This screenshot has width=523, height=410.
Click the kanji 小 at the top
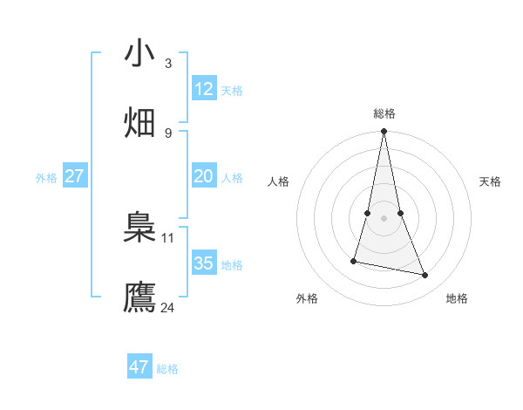[140, 53]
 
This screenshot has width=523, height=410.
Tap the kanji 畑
[140, 122]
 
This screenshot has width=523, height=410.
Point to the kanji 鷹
[140, 297]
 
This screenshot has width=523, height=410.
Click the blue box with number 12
[203, 89]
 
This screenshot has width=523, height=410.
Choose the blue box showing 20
[203, 176]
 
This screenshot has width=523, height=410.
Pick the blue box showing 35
[203, 263]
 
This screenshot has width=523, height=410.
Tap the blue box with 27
[74, 176]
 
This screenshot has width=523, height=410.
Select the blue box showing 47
[139, 367]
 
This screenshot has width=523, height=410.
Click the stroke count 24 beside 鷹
[167, 307]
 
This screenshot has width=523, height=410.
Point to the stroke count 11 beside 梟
[168, 237]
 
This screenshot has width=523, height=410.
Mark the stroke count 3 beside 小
[167, 63]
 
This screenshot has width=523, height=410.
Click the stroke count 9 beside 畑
[167, 133]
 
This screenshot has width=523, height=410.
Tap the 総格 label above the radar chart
[384, 113]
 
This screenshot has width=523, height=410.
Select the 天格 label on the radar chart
[490, 181]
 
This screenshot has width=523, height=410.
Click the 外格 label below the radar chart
[307, 298]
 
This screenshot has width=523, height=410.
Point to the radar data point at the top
[384, 132]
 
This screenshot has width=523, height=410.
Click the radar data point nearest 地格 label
[425, 276]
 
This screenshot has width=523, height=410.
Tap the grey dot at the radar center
[384, 217]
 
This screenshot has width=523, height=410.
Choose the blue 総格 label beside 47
[167, 369]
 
